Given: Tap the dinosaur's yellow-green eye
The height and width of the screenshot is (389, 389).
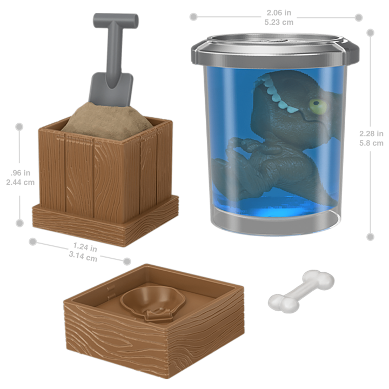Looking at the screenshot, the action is pyautogui.click(x=318, y=106).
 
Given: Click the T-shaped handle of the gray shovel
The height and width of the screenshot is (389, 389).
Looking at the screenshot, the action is pyautogui.click(x=116, y=21).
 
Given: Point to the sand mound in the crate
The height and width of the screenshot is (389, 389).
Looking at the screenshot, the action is pyautogui.click(x=107, y=121).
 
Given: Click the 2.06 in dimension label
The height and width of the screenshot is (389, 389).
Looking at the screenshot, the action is pyautogui.click(x=279, y=12).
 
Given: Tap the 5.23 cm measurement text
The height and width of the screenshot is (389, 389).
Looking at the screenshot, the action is pyautogui.click(x=279, y=22).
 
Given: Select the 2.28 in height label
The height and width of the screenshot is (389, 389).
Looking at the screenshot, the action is pyautogui.click(x=371, y=134).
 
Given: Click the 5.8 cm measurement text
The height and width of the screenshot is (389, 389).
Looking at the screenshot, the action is pyautogui.click(x=371, y=143).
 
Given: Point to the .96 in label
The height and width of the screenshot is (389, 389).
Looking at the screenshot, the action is pyautogui.click(x=21, y=173).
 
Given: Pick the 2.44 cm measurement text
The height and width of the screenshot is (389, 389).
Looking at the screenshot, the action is pyautogui.click(x=21, y=183).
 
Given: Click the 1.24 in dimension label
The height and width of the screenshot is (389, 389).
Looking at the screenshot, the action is pyautogui.click(x=85, y=247).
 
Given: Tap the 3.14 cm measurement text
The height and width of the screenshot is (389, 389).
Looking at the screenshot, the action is pyautogui.click(x=83, y=257).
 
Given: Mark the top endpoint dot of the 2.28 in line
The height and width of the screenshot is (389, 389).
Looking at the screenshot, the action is pyautogui.click(x=371, y=33).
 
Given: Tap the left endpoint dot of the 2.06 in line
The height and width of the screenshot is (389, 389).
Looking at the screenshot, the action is pyautogui.click(x=193, y=17).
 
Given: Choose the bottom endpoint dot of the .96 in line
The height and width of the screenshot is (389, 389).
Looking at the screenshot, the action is pyautogui.click(x=19, y=223).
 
